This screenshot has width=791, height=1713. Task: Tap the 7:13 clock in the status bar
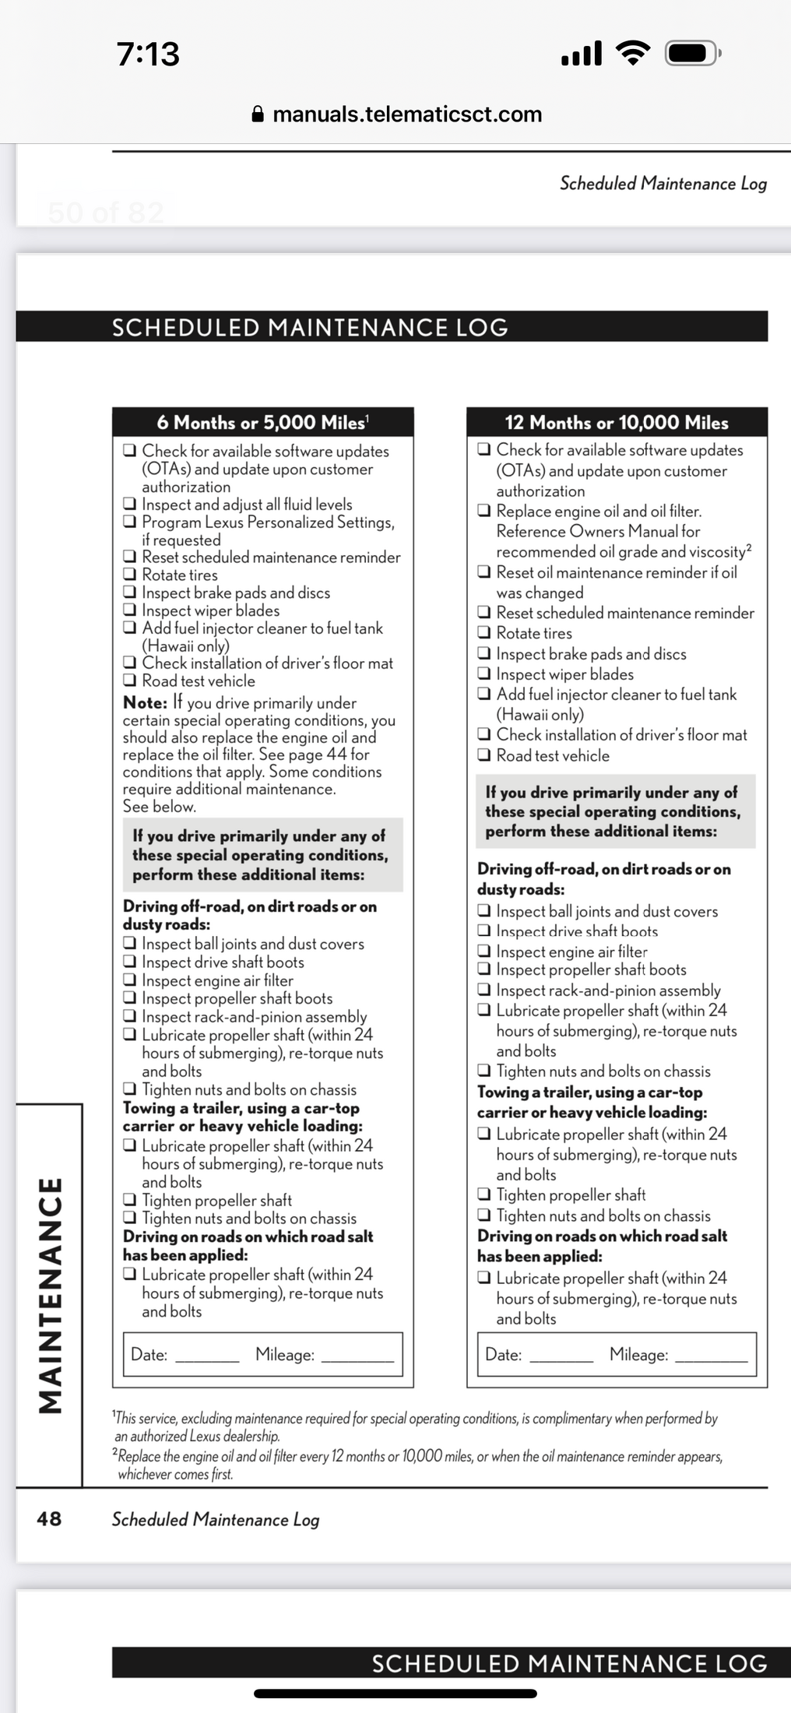point(148,54)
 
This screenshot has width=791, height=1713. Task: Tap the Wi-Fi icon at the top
point(633,53)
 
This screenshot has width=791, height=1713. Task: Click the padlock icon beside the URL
point(258,114)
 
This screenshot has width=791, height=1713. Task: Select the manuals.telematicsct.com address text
point(407,114)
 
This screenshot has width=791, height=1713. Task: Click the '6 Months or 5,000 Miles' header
point(262,423)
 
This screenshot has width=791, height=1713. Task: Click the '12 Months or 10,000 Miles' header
point(617,423)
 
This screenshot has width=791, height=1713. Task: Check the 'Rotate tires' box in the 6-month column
point(130,575)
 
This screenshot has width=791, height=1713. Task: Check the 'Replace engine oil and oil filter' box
point(484,511)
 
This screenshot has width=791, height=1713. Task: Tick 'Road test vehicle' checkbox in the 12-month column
point(484,754)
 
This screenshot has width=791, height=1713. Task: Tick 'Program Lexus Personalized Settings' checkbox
point(130,522)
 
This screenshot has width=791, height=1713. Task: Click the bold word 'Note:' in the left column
point(145,702)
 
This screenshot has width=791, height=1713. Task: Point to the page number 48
point(49,1518)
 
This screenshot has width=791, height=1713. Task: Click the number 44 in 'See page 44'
point(336,754)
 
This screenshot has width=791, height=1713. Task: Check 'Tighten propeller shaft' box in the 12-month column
point(484,1194)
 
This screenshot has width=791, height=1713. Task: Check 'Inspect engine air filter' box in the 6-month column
point(130,980)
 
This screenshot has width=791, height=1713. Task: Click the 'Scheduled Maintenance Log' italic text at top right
point(663,184)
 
